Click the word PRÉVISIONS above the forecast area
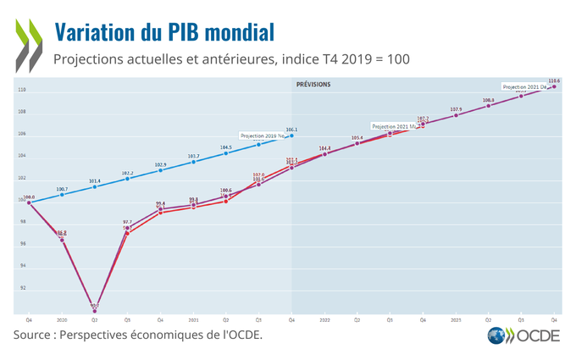click(x=313, y=85)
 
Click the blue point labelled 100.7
click(x=62, y=195)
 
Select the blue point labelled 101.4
click(x=95, y=186)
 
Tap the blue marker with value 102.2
click(x=128, y=178)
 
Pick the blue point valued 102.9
click(x=160, y=170)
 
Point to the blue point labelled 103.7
click(x=193, y=162)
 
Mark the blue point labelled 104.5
click(x=226, y=152)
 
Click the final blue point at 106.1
click(x=291, y=136)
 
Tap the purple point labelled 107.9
click(x=456, y=115)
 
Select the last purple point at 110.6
click(x=555, y=86)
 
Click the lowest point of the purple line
click(x=95, y=309)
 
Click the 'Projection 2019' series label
click(x=263, y=136)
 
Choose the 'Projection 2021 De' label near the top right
click(x=525, y=86)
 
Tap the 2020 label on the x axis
click(x=62, y=321)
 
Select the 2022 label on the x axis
click(x=324, y=321)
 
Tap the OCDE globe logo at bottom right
click(x=498, y=336)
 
